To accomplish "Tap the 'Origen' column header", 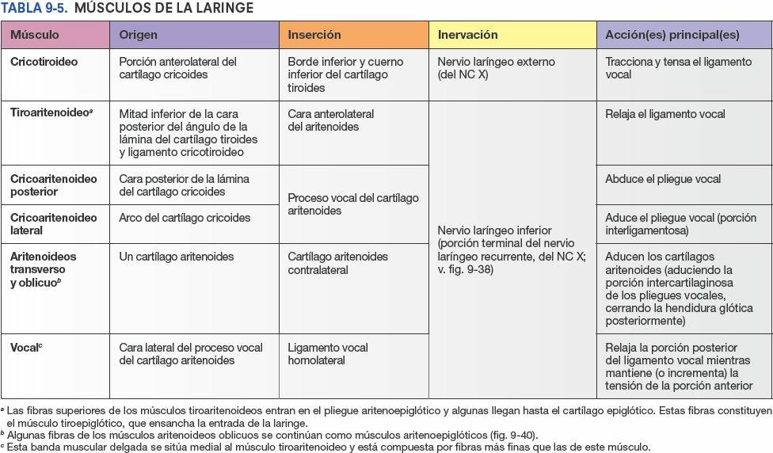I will point(138,35).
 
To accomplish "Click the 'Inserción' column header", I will point(314,35).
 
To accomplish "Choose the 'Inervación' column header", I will point(467,35).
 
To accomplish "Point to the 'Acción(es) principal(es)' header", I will point(672,35).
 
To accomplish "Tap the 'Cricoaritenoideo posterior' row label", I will point(53,185).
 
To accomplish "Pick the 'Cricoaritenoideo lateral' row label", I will point(53,224).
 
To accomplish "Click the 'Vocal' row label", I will point(26,348).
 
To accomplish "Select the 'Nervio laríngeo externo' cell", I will point(496,68).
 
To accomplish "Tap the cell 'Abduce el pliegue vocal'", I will point(663,179).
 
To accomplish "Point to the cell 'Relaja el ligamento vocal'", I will point(664,114).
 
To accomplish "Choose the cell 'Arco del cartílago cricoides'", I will point(185,218).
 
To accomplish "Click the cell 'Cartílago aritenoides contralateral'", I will point(337,263).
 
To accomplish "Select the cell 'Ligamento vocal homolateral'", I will point(327,354).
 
